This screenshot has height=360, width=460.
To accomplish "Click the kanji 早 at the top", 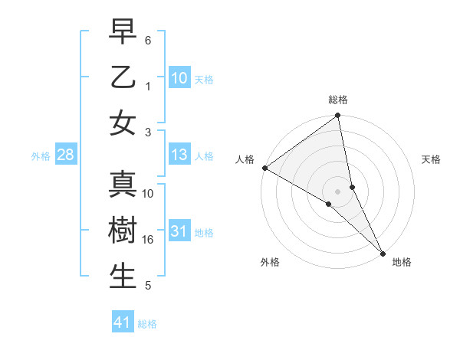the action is tap(123, 32).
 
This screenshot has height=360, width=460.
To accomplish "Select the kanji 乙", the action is tap(123, 78).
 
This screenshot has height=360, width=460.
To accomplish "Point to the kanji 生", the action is tap(123, 277).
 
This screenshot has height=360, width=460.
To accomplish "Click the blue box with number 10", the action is tap(179, 78).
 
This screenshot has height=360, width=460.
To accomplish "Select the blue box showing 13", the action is tap(179, 155).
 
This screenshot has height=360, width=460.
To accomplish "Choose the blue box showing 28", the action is tap(66, 155).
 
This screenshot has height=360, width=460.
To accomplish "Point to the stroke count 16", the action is tap(148, 240).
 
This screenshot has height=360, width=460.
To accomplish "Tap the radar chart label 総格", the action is tap(338, 100).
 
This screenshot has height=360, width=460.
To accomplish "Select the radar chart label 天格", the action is tap(431, 159).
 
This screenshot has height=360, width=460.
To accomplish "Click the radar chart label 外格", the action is tap(270, 262).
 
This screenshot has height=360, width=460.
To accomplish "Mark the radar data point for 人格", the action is tap(264, 168).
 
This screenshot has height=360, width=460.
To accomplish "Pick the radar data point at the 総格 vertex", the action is tap(338, 116).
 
